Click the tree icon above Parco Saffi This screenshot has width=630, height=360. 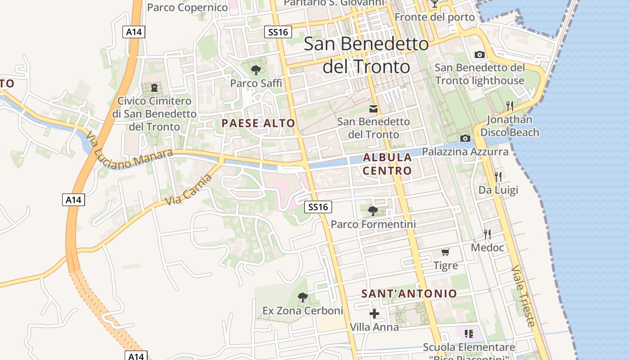256,70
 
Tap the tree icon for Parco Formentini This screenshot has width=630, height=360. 373,211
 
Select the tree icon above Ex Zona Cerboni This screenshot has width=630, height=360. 303,297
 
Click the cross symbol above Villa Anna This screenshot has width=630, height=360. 374,314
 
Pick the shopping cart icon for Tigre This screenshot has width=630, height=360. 445,252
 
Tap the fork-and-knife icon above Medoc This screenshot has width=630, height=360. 487,234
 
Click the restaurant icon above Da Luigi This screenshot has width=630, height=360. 498,176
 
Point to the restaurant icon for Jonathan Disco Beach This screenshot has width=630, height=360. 509,106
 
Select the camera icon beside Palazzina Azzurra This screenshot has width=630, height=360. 465,138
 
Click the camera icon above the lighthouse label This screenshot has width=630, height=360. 480,54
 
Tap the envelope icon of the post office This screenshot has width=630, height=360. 373,108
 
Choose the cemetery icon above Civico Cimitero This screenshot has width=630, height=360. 154,87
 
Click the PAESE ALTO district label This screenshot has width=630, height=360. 258,123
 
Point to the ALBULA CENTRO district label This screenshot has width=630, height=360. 387,164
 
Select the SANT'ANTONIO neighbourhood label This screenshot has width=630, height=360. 409,294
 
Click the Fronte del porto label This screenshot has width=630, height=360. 435,17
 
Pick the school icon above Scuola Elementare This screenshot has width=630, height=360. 468,334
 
